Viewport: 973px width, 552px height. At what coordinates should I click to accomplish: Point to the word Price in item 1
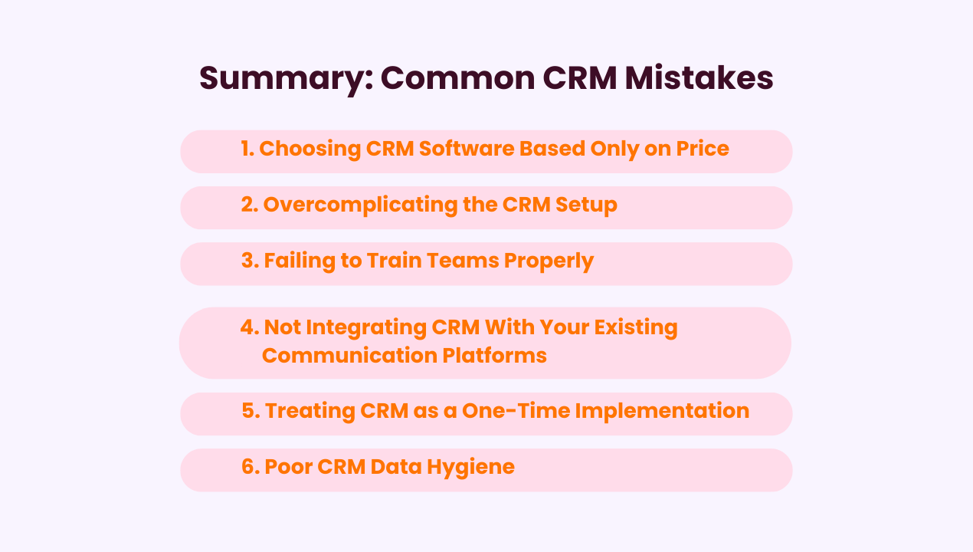pyautogui.click(x=702, y=149)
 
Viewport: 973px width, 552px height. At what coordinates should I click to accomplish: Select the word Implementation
pyautogui.click(x=662, y=411)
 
